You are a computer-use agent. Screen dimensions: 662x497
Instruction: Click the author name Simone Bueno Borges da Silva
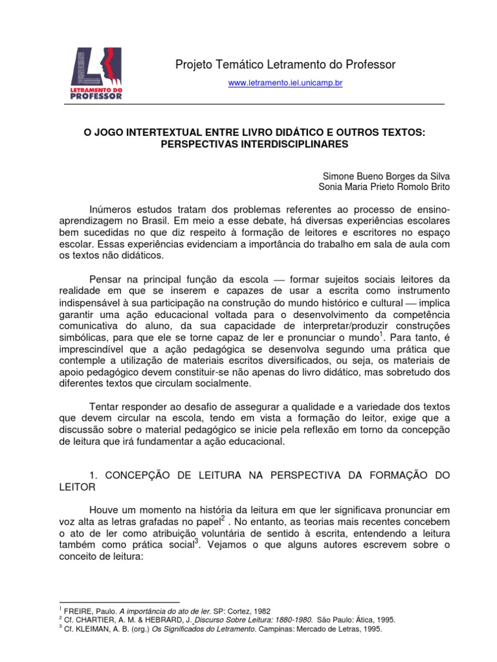[386, 176]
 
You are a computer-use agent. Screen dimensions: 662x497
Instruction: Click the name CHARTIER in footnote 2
[95, 620]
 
